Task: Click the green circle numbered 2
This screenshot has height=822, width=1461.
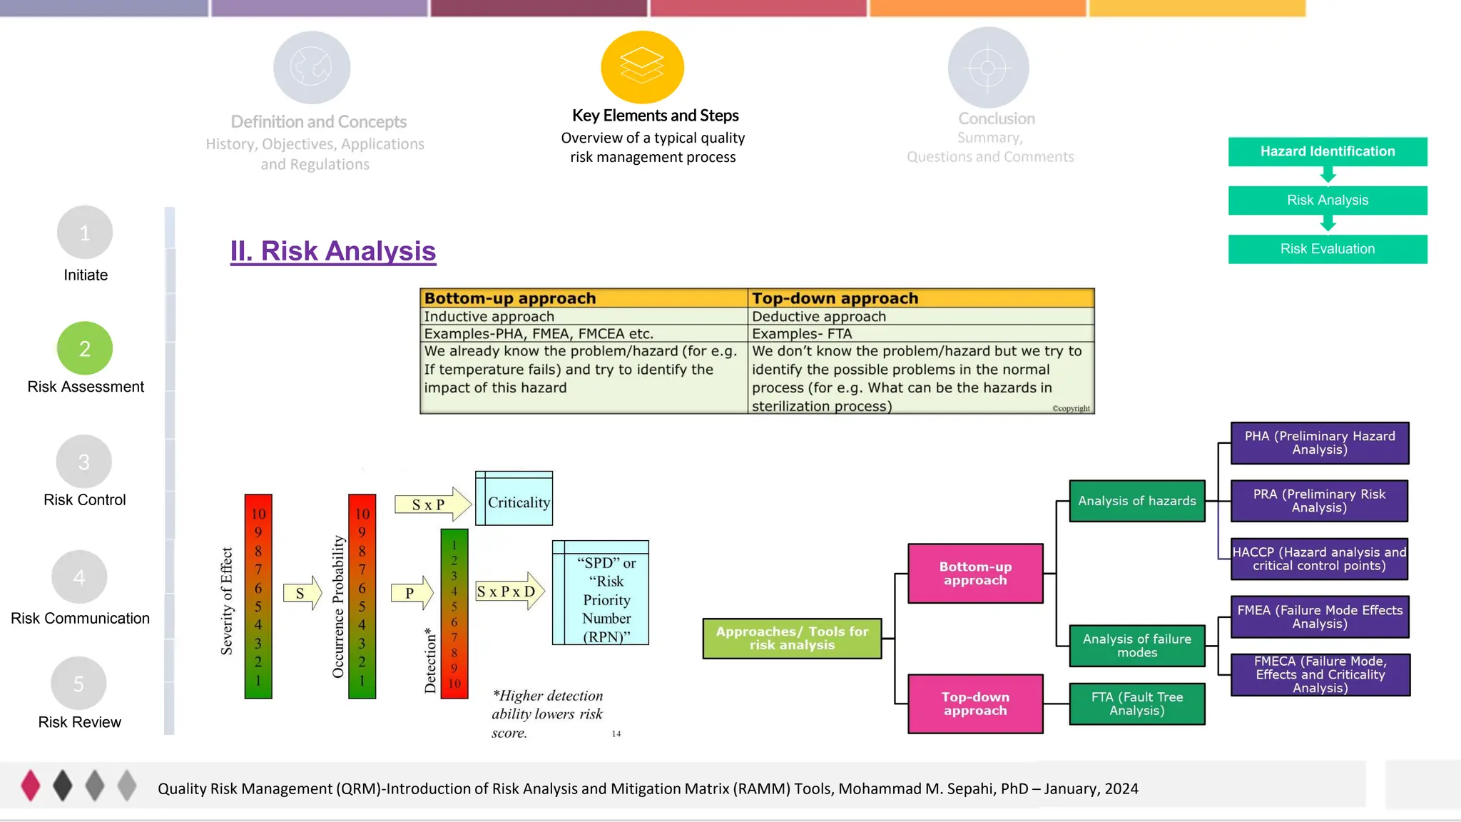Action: pyautogui.click(x=85, y=348)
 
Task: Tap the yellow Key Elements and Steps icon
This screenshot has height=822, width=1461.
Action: pyautogui.click(x=642, y=67)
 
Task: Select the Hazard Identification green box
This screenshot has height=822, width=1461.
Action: pyautogui.click(x=1327, y=151)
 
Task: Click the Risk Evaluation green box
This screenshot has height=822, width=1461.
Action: pyautogui.click(x=1327, y=249)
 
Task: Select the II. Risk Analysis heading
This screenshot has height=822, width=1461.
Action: pyautogui.click(x=332, y=251)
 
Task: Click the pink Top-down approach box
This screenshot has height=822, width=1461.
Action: pyautogui.click(x=975, y=704)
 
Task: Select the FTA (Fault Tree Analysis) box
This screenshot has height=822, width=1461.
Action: pyautogui.click(x=1136, y=704)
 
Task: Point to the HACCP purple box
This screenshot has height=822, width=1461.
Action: pyautogui.click(x=1319, y=559)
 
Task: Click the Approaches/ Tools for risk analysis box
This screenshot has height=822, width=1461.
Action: pyautogui.click(x=792, y=638)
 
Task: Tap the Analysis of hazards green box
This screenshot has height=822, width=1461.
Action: pyautogui.click(x=1136, y=501)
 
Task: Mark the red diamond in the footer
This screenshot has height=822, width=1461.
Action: pyautogui.click(x=31, y=786)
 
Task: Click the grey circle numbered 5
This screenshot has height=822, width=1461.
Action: pyautogui.click(x=79, y=684)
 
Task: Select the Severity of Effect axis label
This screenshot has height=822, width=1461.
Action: pyautogui.click(x=227, y=601)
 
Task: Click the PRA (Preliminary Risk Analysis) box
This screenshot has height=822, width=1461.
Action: pyautogui.click(x=1319, y=501)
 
